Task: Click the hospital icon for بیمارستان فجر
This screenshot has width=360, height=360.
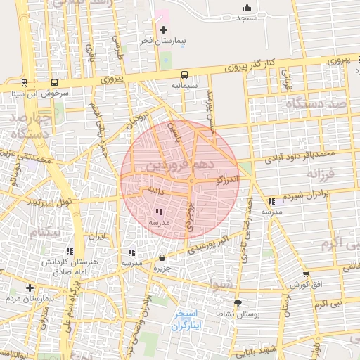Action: (164, 30)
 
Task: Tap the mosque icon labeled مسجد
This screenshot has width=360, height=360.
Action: (246, 8)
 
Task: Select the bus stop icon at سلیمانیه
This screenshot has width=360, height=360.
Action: (184, 74)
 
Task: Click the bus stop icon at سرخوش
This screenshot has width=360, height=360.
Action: (54, 82)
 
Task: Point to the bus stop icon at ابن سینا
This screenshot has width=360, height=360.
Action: (25, 82)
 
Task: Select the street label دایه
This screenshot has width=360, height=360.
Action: (155, 190)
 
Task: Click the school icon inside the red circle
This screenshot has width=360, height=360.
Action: (158, 211)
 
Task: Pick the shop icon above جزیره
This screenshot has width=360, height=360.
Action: (162, 257)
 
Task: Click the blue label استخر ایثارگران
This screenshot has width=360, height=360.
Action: (186, 320)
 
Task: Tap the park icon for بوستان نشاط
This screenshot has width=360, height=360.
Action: (237, 303)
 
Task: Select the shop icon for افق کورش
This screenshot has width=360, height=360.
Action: (305, 274)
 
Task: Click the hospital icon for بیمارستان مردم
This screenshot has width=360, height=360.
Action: (30, 288)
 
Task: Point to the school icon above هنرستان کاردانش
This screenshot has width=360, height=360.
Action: (69, 250)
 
